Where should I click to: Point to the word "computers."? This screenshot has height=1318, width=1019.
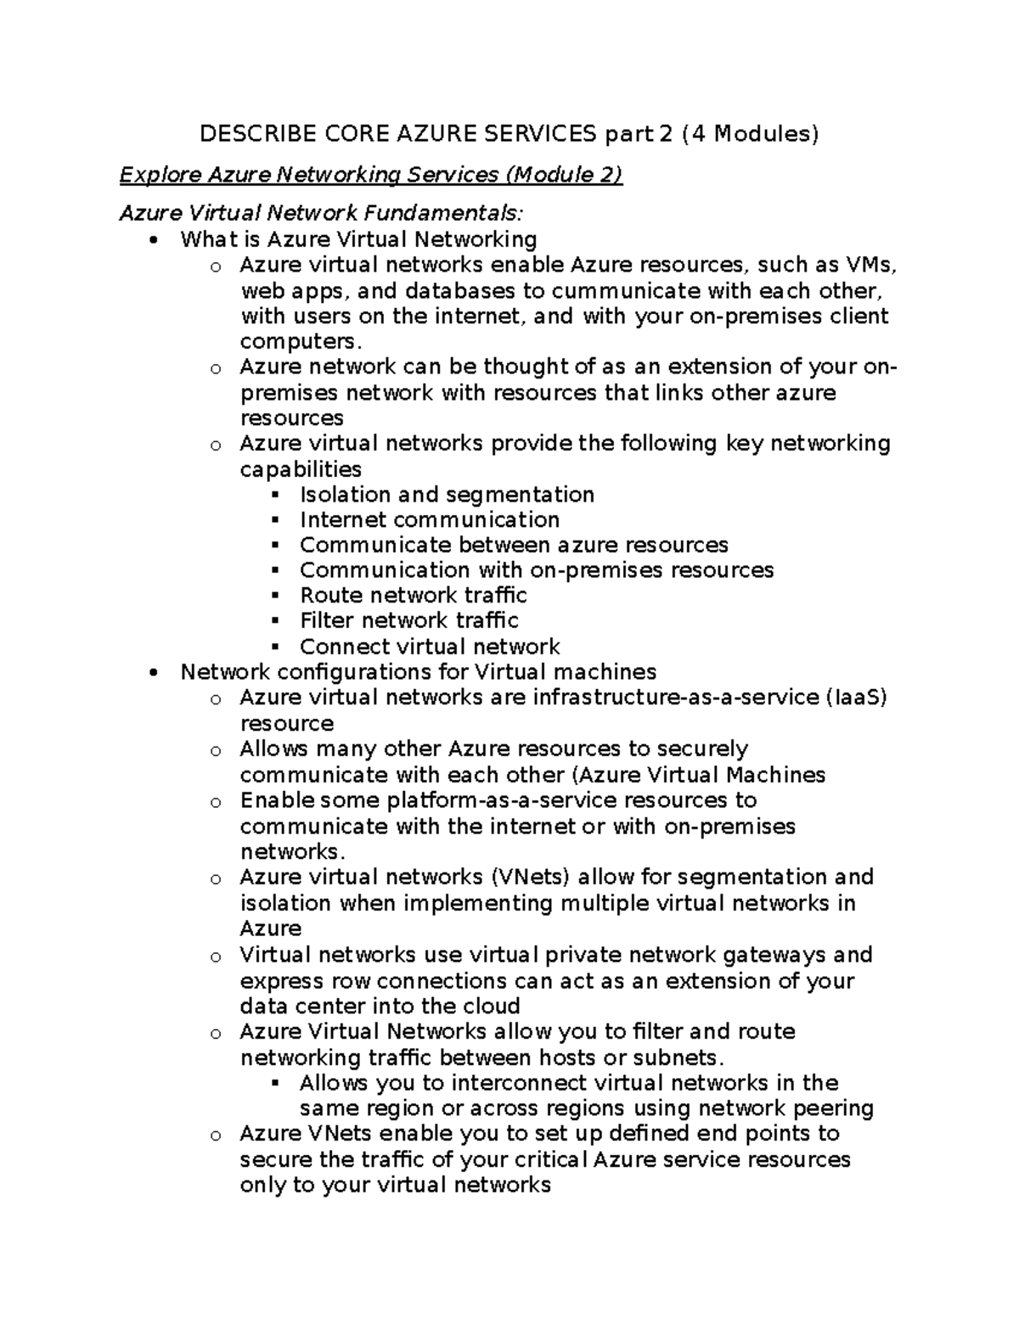301,341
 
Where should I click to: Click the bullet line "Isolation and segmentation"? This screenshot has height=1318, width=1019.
447,495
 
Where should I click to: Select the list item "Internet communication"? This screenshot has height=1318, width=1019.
430,519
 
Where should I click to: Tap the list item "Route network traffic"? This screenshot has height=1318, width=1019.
413,595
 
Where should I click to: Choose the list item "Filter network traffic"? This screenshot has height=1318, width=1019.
408,620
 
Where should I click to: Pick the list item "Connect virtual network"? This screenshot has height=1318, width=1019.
430,647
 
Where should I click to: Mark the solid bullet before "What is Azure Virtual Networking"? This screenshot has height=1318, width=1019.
153,240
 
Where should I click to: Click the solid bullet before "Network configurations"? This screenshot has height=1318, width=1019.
153,673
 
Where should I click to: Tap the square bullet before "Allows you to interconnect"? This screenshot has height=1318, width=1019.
274,1084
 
